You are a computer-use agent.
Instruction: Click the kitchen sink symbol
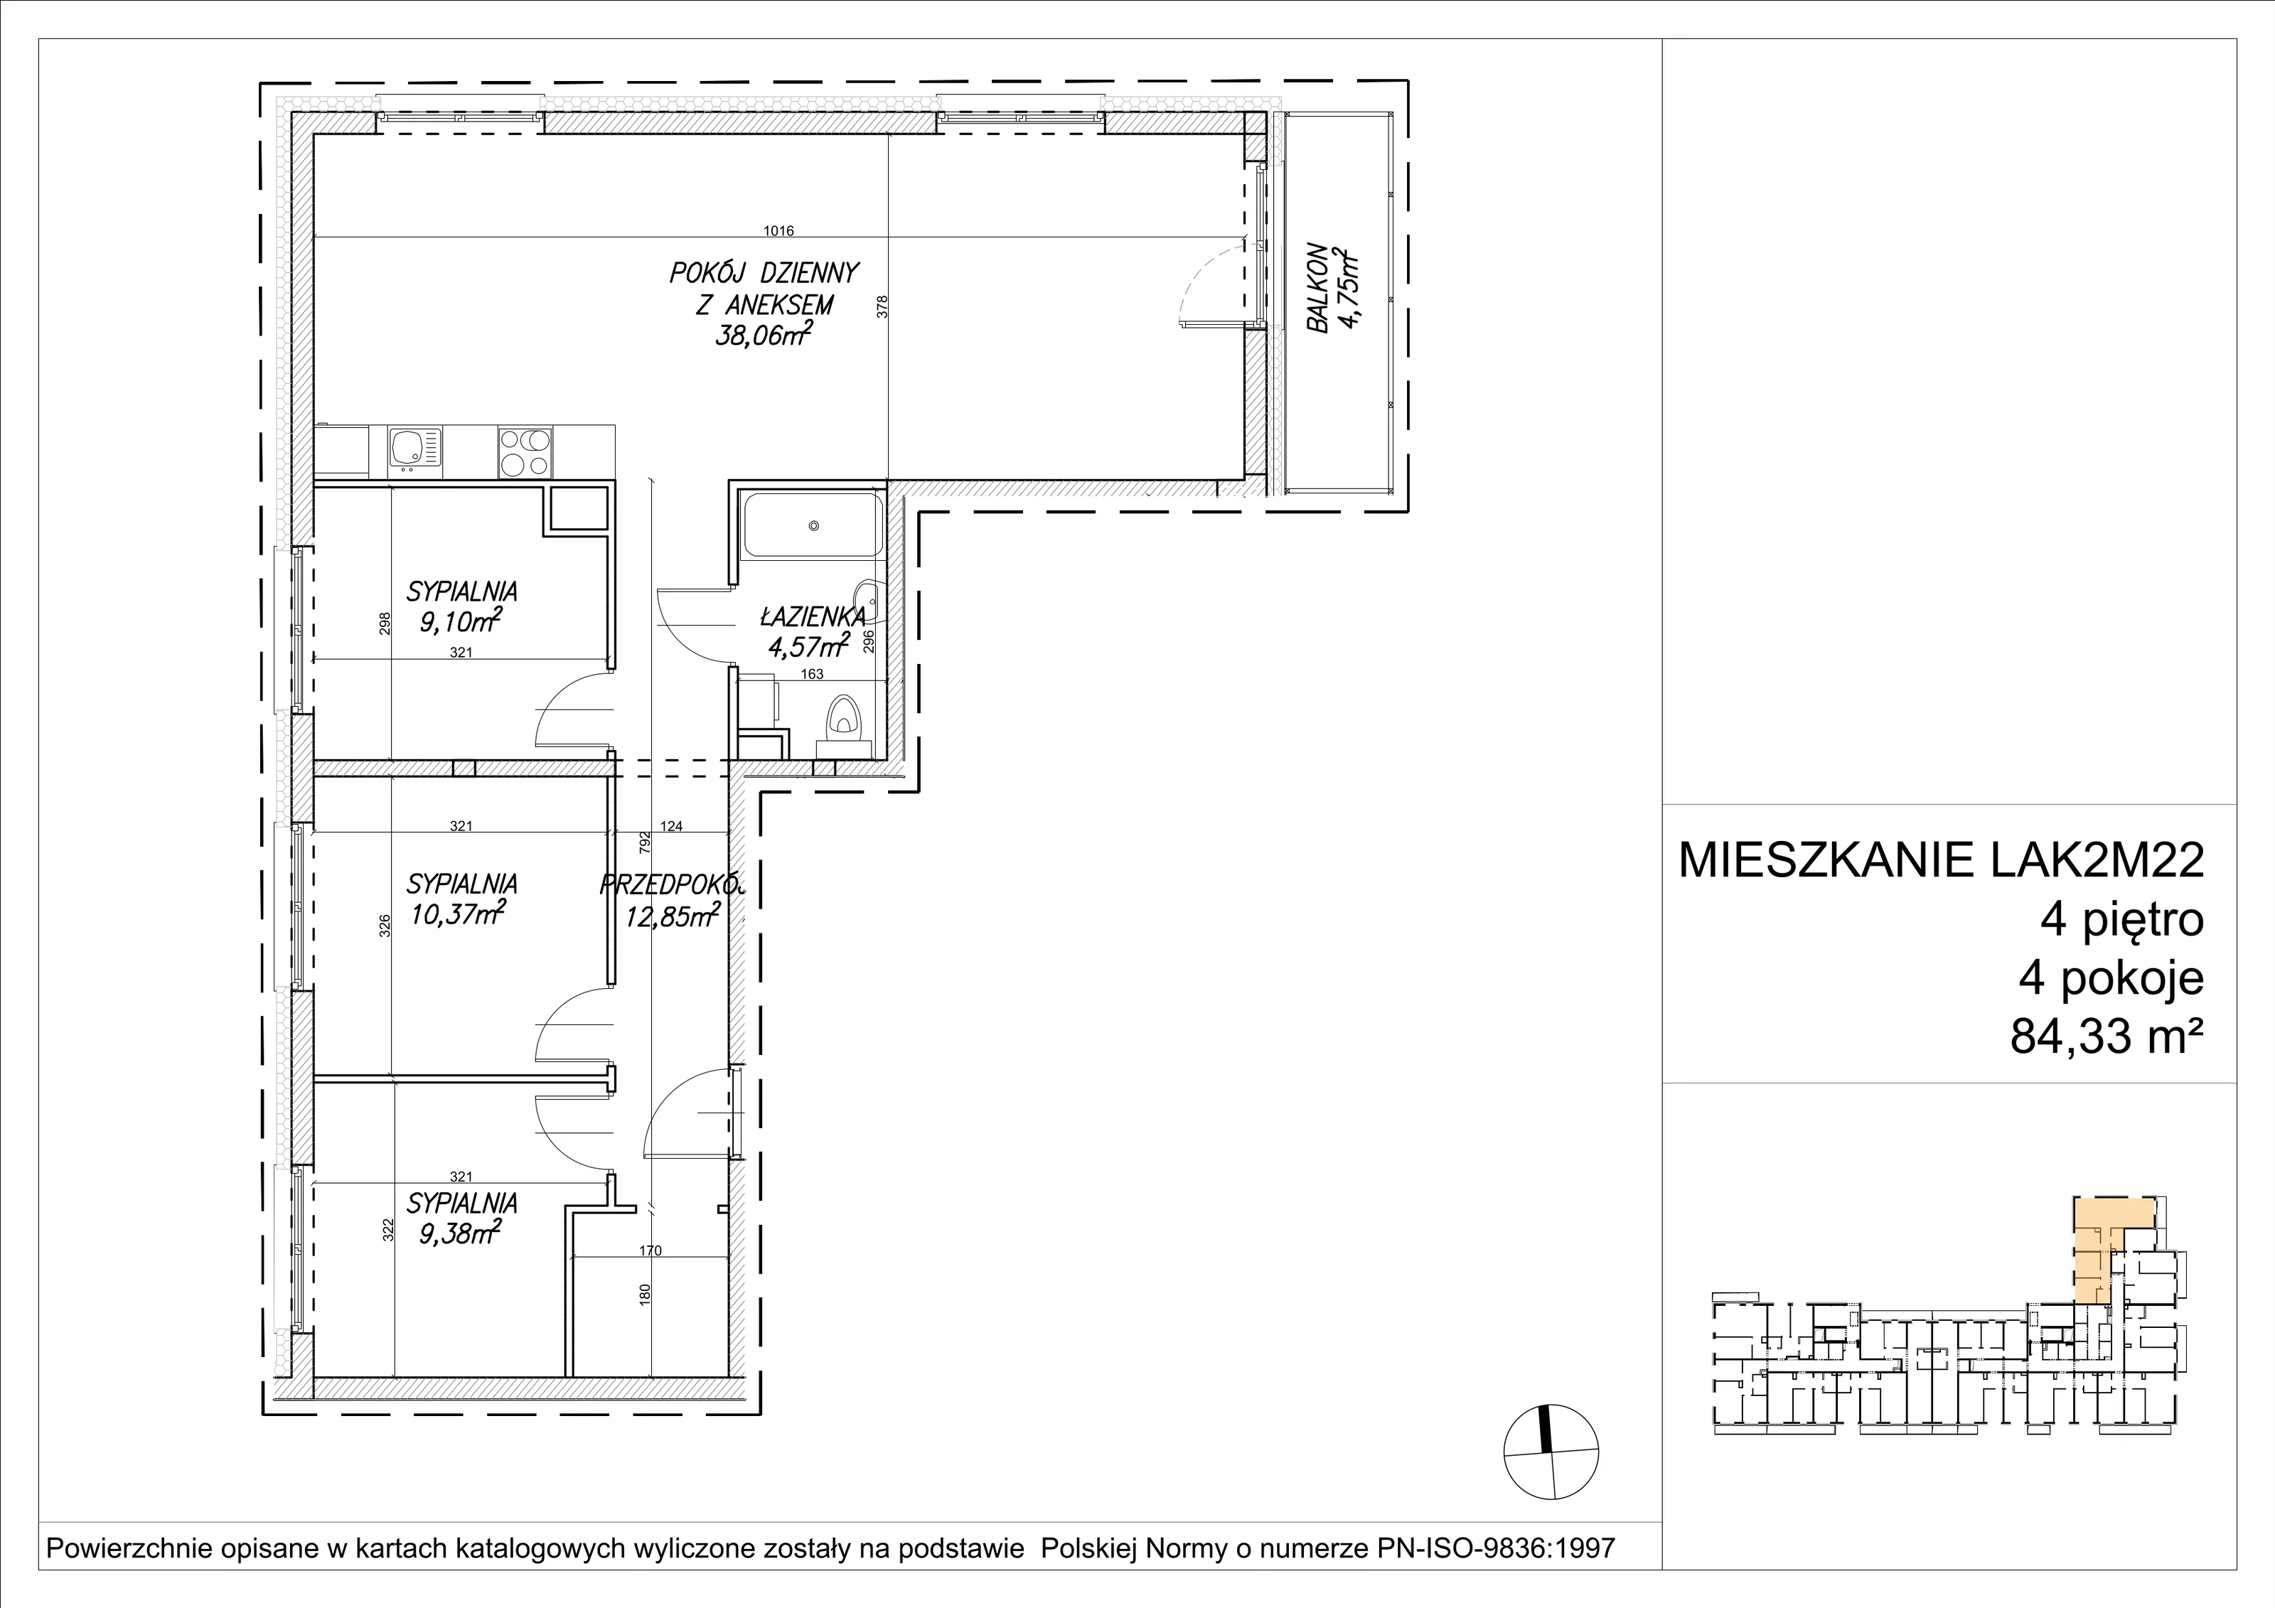pos(414,452)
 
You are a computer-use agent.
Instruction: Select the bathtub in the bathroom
pos(813,525)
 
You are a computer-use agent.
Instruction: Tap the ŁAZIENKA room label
pos(813,617)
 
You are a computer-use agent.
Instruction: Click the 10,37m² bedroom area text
pos(457,913)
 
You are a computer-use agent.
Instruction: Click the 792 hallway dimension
pos(645,842)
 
